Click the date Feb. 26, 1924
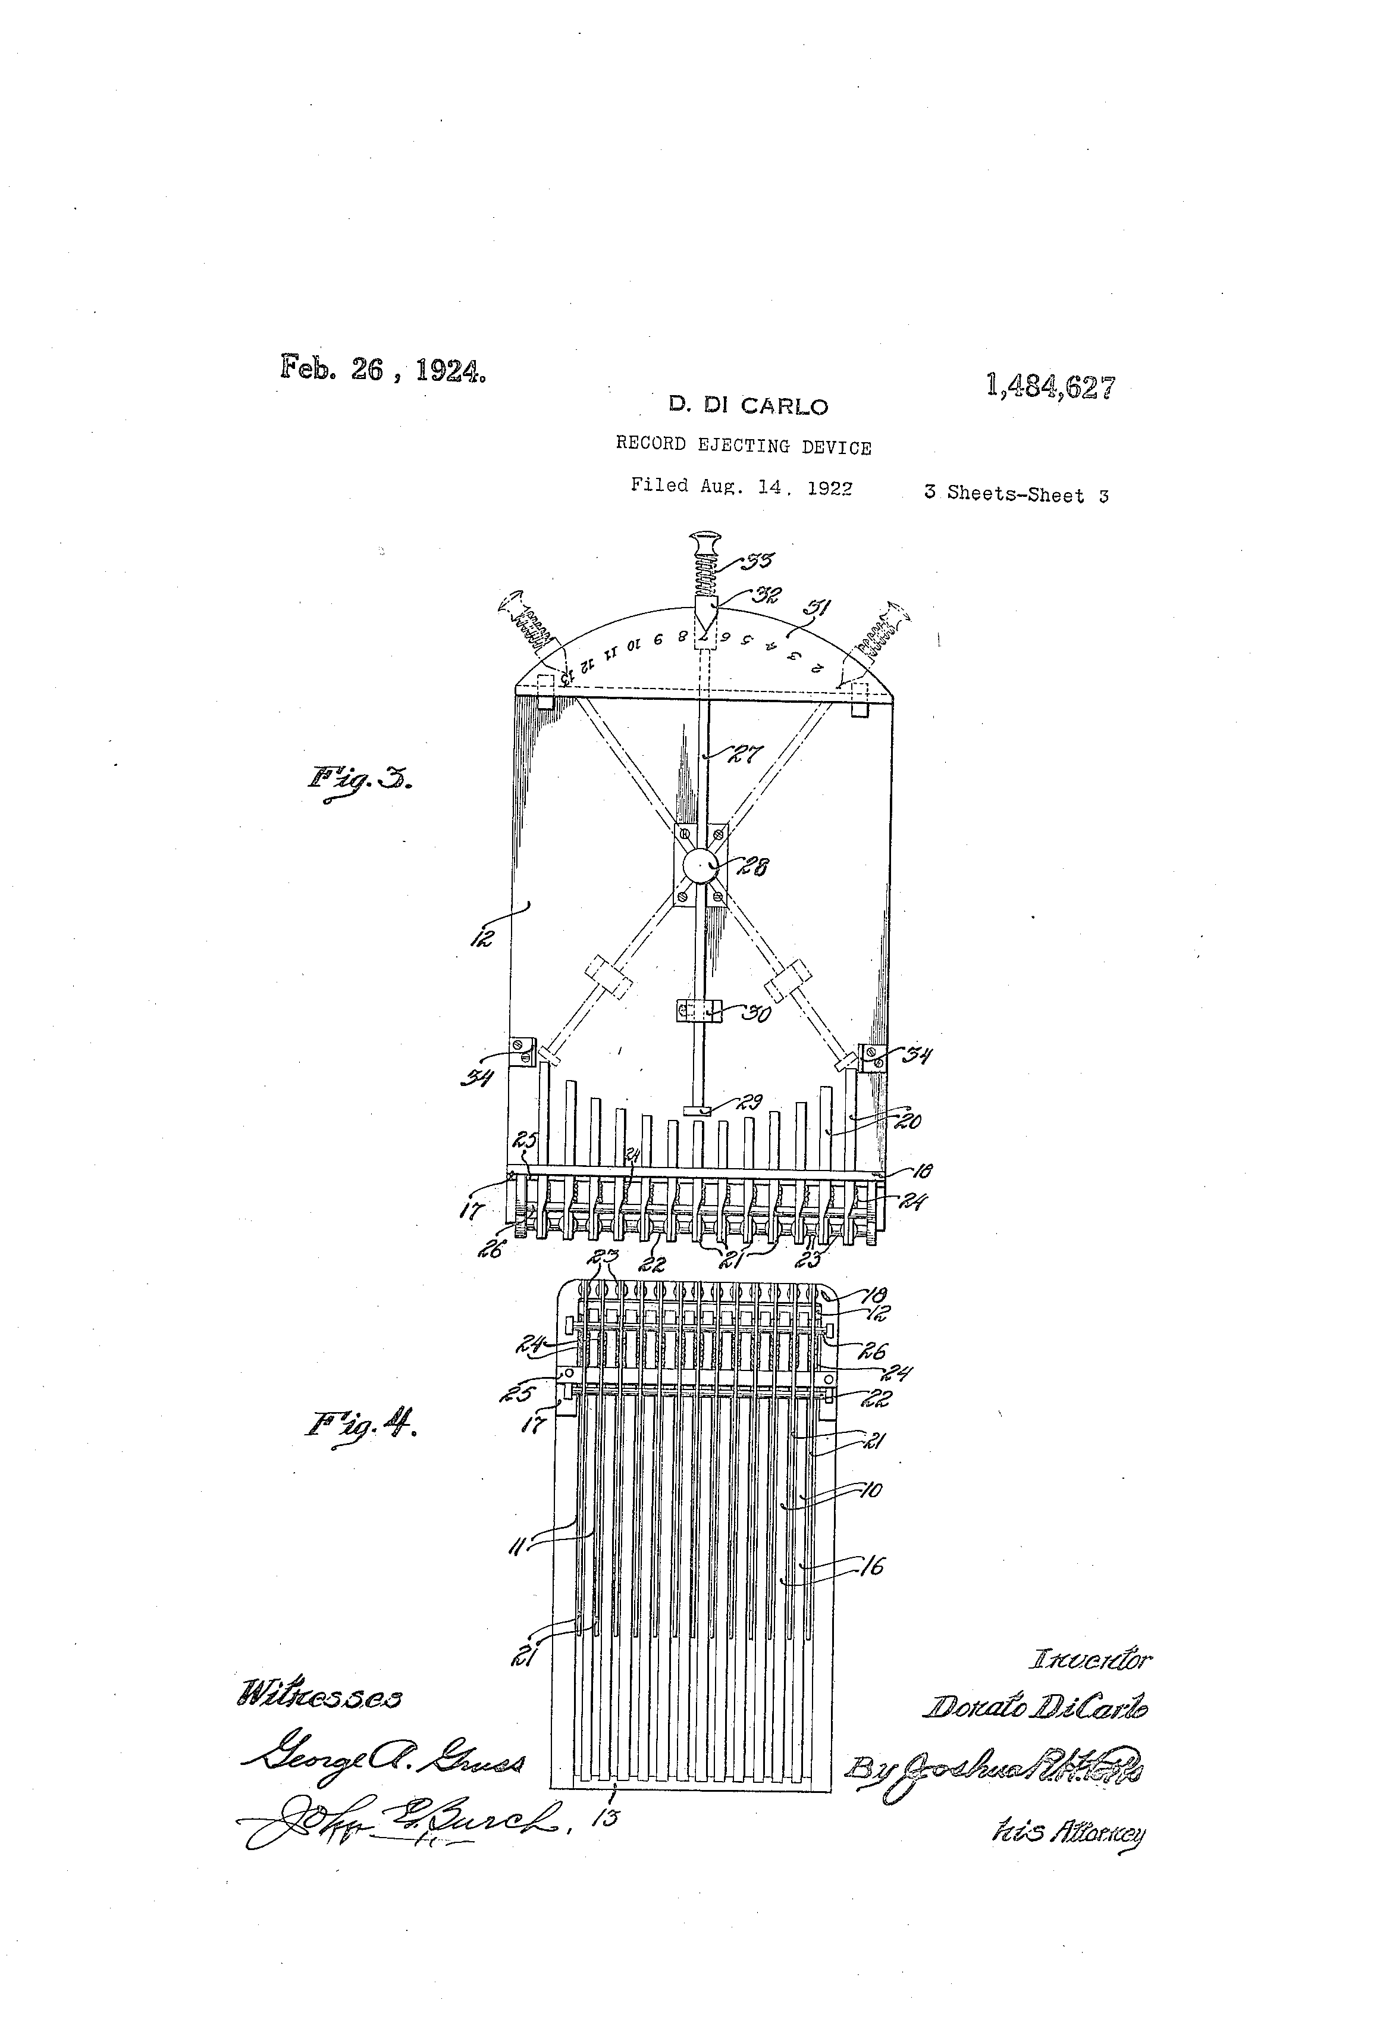click(x=382, y=369)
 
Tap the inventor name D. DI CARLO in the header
click(x=748, y=406)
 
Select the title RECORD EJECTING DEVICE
click(x=743, y=446)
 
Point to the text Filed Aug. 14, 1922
click(x=742, y=486)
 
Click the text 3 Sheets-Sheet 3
click(x=1016, y=495)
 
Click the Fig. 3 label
click(x=359, y=778)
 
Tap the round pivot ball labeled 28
click(x=699, y=866)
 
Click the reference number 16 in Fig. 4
click(x=871, y=1566)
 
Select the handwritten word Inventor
click(x=1090, y=1658)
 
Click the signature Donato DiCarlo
click(x=1036, y=1707)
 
